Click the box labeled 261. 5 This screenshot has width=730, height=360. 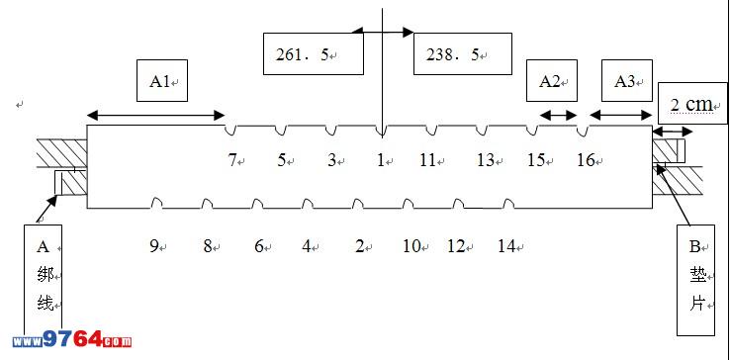click(314, 53)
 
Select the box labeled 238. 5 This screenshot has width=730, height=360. click(463, 53)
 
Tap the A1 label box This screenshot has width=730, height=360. click(162, 80)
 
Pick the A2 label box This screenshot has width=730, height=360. click(552, 80)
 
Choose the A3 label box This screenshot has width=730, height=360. click(627, 80)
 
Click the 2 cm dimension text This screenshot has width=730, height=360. click(691, 105)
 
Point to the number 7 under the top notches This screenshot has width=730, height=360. click(231, 161)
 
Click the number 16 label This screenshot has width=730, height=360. click(587, 161)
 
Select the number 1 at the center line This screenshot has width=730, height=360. click(381, 161)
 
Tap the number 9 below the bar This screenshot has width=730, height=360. click(154, 246)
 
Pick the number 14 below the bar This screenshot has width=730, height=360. click(506, 246)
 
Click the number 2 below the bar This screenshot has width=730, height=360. click(359, 246)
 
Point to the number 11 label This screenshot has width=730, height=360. click(427, 161)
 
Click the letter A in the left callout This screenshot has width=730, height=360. click(43, 247)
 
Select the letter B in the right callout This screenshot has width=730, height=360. click(694, 247)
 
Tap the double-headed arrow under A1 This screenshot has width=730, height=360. click(156, 115)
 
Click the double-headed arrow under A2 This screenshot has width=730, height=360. click(558, 115)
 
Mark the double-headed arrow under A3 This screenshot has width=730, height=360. click(620, 115)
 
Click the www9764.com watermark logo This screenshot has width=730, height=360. click(71, 340)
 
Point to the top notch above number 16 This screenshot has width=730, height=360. click(583, 131)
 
